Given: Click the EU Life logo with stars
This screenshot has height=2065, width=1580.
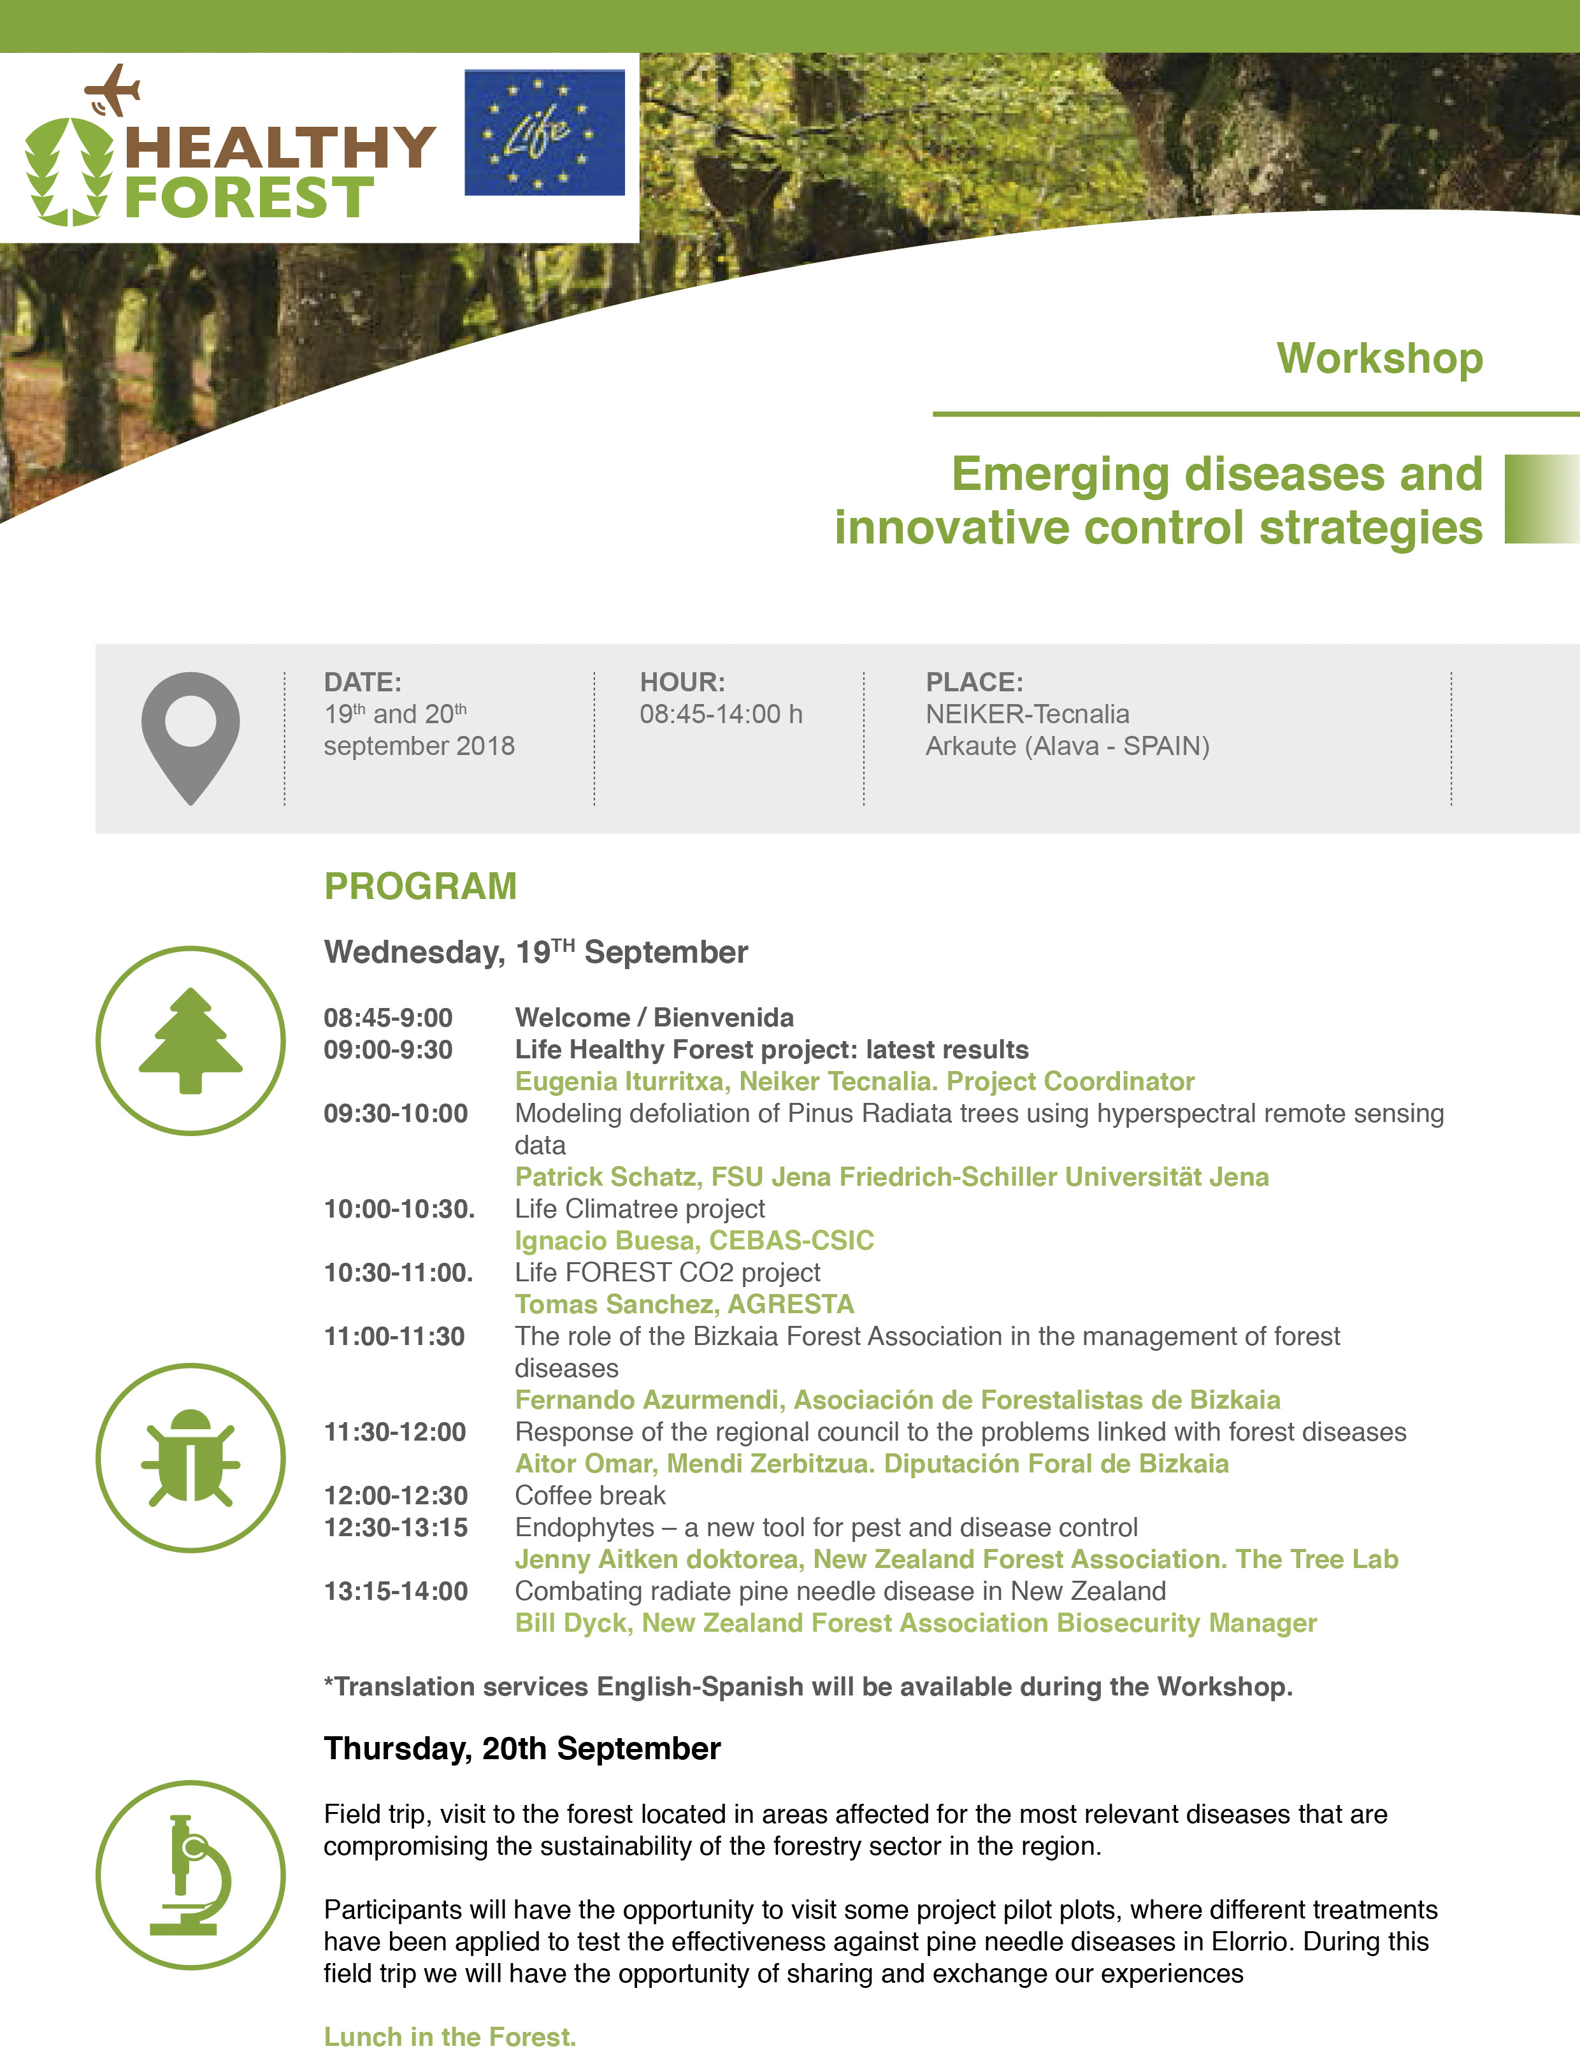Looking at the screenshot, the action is click(545, 133).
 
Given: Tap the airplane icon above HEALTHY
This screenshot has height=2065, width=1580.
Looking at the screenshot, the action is click(113, 90).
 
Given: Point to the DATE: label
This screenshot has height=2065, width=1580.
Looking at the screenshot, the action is click(362, 682).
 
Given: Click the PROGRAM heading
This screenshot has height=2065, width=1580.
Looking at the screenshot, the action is click(420, 886).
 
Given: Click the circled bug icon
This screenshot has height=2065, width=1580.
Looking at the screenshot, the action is click(191, 1458).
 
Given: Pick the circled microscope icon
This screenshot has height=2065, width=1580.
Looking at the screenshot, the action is click(191, 1874).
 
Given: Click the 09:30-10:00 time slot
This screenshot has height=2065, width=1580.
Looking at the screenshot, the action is click(396, 1113).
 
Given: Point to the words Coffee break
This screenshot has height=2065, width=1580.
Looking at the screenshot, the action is click(590, 1495).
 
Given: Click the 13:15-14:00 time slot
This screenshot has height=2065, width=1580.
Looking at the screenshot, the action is click(396, 1591).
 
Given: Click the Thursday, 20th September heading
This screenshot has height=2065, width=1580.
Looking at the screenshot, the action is click(522, 1748).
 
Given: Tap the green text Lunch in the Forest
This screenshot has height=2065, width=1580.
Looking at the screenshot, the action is click(450, 2037).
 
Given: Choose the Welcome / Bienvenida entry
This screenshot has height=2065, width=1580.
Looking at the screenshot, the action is click(654, 1018).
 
